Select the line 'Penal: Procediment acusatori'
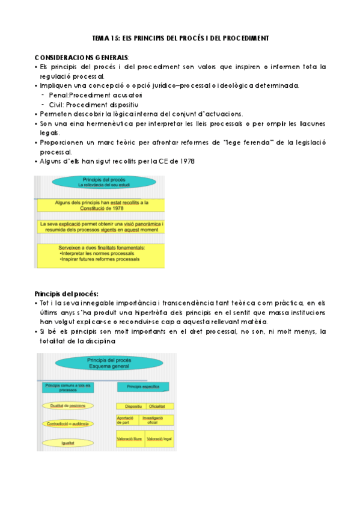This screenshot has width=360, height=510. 94,94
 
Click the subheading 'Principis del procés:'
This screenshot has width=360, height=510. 67,293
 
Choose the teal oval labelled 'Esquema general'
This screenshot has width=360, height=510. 105,364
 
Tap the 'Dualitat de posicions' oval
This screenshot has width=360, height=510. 67,407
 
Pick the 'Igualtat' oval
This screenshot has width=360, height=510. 68,443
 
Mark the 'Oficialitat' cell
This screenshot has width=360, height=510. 159,407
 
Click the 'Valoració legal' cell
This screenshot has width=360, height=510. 159,440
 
